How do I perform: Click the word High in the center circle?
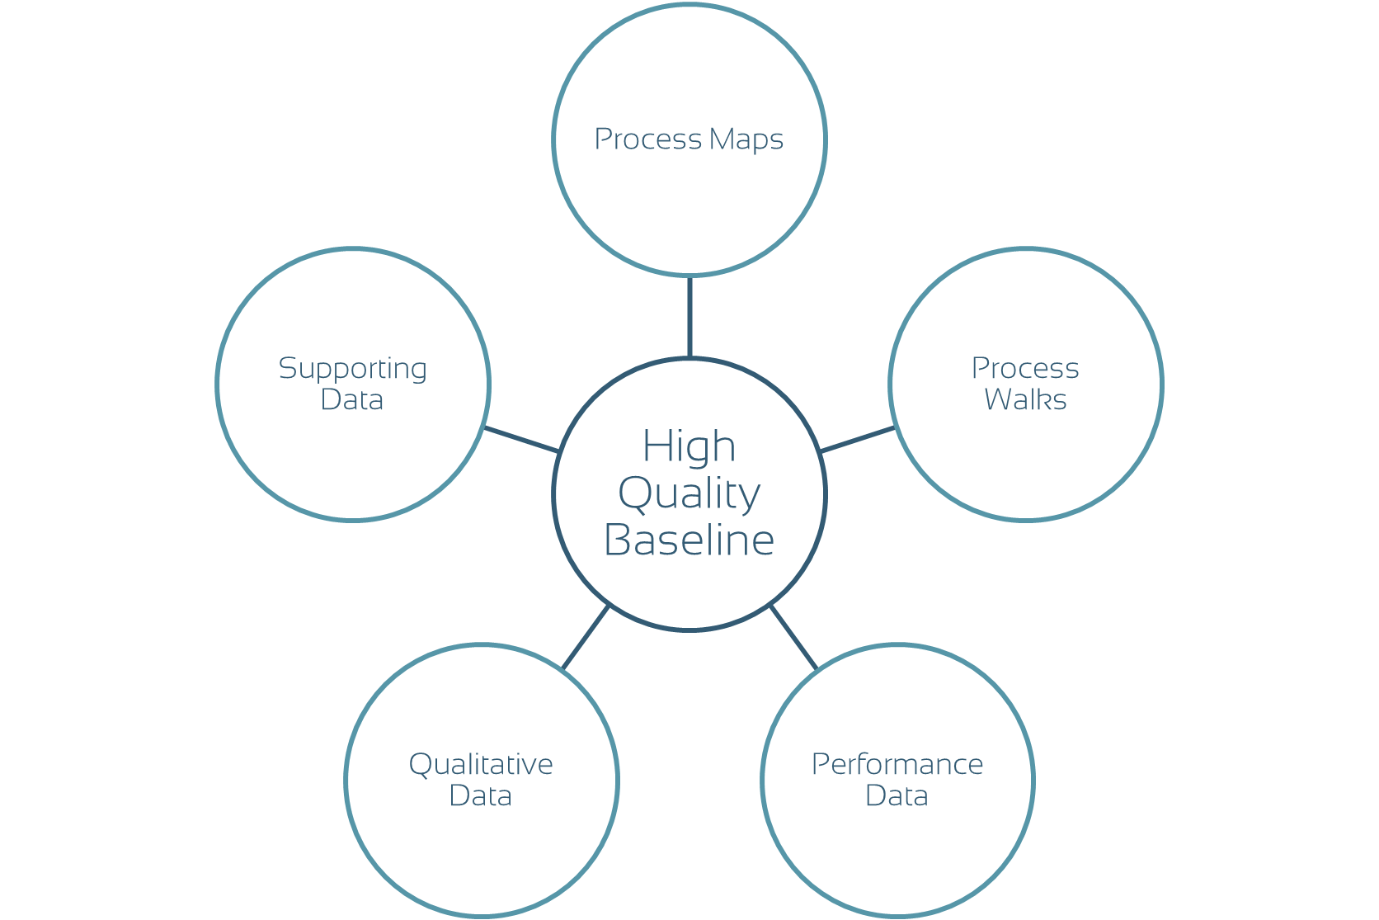[x=689, y=447]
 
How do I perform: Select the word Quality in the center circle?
[x=689, y=494]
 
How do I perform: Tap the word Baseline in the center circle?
[x=689, y=540]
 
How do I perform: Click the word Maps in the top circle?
[x=746, y=139]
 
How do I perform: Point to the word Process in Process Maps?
[x=647, y=139]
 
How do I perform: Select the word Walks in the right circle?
[x=1025, y=400]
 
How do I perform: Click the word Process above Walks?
[x=1025, y=368]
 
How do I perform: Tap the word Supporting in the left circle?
[x=353, y=369]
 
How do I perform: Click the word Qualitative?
[x=481, y=765]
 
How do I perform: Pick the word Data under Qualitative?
[x=480, y=796]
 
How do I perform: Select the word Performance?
[x=897, y=765]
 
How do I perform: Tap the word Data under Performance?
[x=897, y=796]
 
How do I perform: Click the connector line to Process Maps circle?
[x=689, y=317]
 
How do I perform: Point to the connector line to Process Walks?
[x=858, y=439]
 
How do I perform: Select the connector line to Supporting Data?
[x=521, y=439]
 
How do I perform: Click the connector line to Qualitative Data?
[x=586, y=637]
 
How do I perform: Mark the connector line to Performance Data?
[x=793, y=637]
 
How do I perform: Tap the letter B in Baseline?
[x=618, y=540]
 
